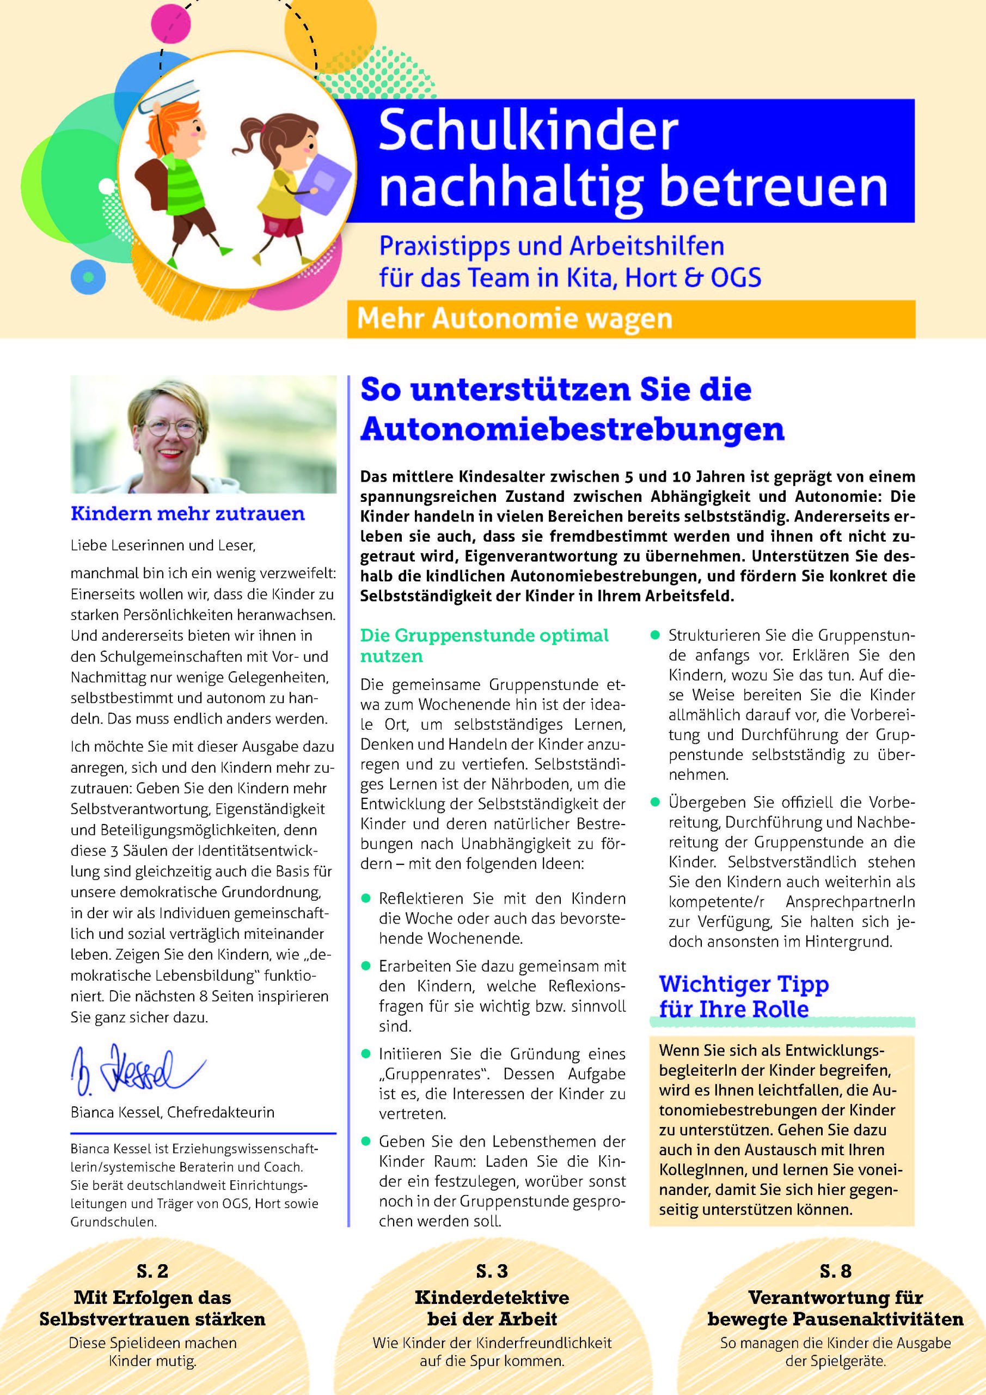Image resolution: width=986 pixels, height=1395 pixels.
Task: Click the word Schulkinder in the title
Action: [528, 131]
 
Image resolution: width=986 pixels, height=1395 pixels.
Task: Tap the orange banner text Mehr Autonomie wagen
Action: [515, 319]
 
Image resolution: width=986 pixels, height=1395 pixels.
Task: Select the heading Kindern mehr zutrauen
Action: [188, 513]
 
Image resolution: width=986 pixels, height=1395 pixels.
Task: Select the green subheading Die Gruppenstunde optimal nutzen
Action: [484, 645]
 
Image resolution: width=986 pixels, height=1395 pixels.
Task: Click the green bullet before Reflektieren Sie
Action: [365, 898]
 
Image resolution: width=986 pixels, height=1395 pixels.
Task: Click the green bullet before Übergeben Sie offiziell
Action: [655, 802]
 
